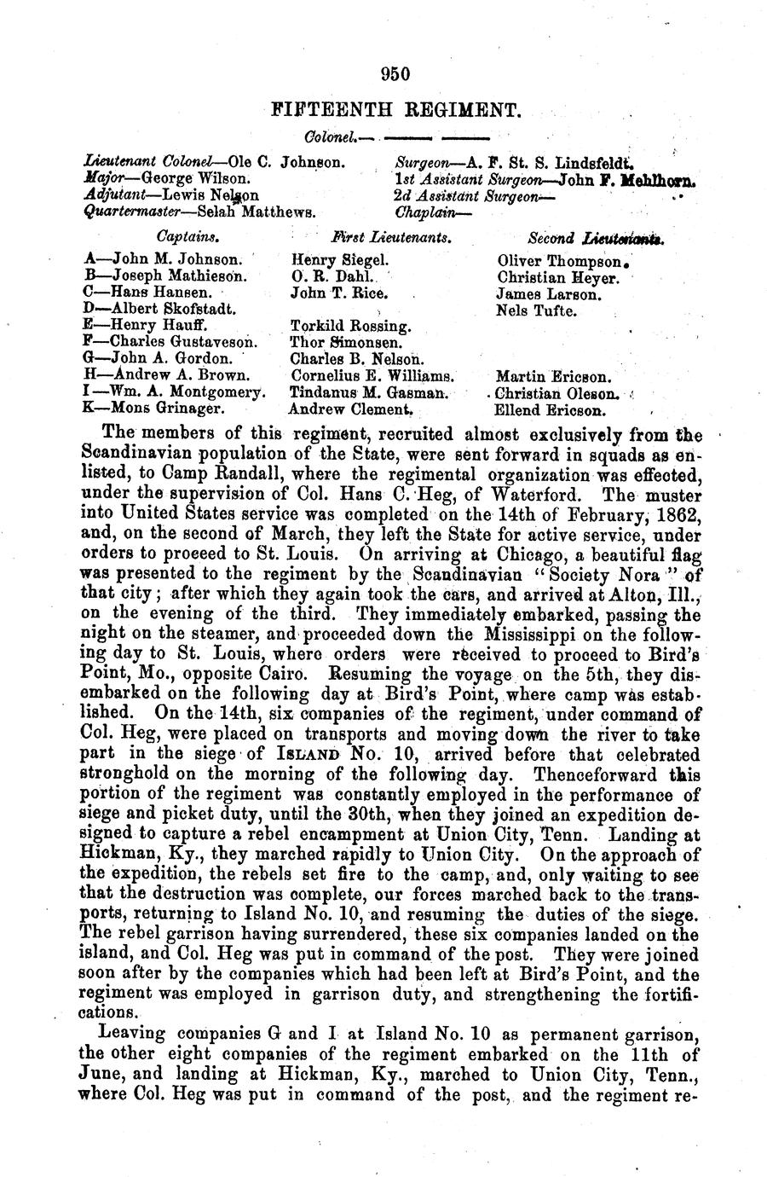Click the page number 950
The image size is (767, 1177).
[395, 74]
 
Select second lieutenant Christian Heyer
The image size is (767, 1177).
[557, 277]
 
